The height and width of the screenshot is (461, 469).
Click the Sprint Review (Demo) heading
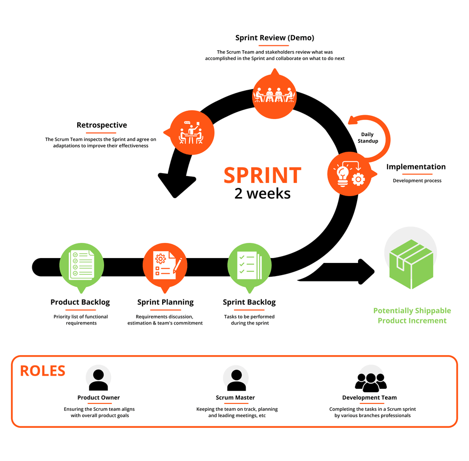point(275,38)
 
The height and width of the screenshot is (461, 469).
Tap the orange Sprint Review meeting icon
point(274,95)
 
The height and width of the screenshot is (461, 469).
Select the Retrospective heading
point(102,125)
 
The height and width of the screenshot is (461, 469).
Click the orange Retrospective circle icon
point(192,132)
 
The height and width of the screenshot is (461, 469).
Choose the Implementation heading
point(416,167)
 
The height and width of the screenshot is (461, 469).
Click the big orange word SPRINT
point(262,175)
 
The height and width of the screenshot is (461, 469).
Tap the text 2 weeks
point(262,193)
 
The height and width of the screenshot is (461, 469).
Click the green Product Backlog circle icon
point(82,265)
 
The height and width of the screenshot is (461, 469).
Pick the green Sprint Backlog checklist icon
point(249,265)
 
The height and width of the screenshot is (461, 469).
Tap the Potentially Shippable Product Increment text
point(412,316)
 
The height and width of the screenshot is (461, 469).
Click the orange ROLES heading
point(43,371)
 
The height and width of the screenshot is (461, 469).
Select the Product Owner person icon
point(98,379)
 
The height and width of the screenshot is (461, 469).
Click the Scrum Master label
point(235,398)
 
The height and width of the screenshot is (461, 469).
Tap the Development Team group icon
point(370,381)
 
